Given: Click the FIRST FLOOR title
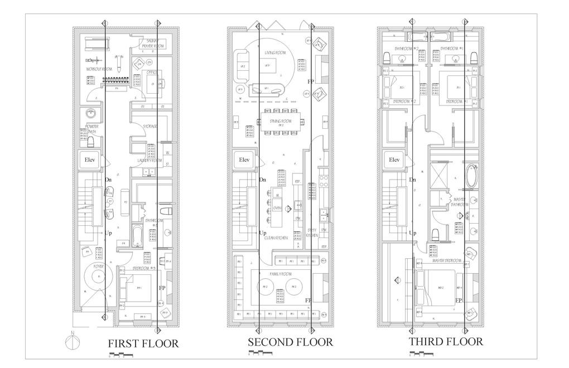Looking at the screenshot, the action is pyautogui.click(x=143, y=343).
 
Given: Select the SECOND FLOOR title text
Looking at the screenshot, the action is pyautogui.click(x=290, y=342).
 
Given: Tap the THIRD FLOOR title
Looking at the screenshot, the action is pyautogui.click(x=446, y=341).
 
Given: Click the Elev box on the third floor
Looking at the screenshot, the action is pyautogui.click(x=394, y=160).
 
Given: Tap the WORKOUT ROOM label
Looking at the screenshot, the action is pyautogui.click(x=99, y=69).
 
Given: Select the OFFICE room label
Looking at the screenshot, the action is pyautogui.click(x=151, y=72).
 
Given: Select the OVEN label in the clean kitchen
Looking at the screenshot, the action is pyautogui.click(x=277, y=209).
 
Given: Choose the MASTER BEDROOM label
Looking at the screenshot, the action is pyautogui.click(x=446, y=261).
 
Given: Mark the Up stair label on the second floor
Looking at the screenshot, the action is pyautogui.click(x=263, y=233).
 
